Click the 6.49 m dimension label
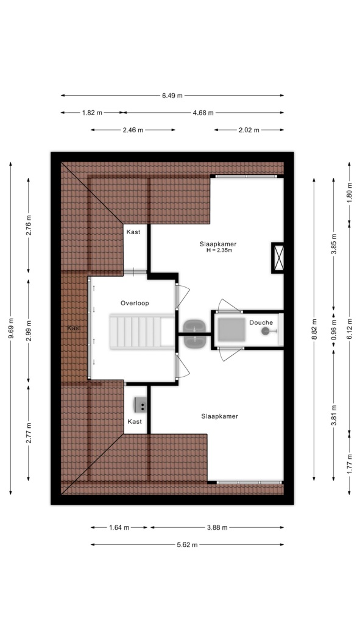pyautogui.click(x=172, y=96)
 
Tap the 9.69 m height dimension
pyautogui.click(x=10, y=328)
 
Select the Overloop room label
pyautogui.click(x=135, y=304)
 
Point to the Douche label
pyautogui.click(x=261, y=322)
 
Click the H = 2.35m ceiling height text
pyautogui.click(x=219, y=250)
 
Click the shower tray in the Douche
pyautogui.click(x=231, y=329)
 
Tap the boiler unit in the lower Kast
pyautogui.click(x=141, y=405)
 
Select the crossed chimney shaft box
pyautogui.click(x=278, y=258)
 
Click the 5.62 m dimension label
pyautogui.click(x=187, y=544)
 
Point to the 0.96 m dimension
pyautogui.click(x=333, y=329)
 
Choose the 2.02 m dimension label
pyautogui.click(x=248, y=130)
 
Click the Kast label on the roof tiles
pyautogui.click(x=74, y=328)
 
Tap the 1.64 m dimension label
pyautogui.click(x=119, y=527)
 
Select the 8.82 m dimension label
pyautogui.click(x=314, y=329)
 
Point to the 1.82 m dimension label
pyautogui.click(x=92, y=113)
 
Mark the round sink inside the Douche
pyautogui.click(x=266, y=332)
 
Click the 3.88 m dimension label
pyautogui.click(x=217, y=527)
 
